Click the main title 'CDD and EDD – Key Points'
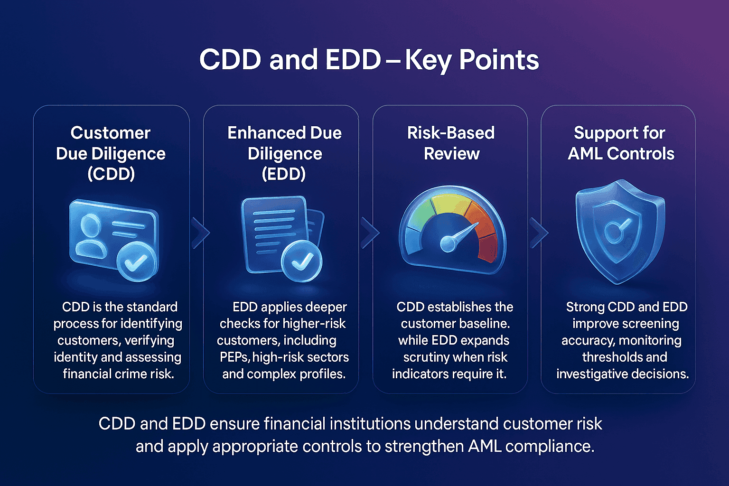pyautogui.click(x=369, y=60)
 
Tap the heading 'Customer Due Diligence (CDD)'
pyautogui.click(x=111, y=153)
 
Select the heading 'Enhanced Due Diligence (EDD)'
pyautogui.click(x=284, y=153)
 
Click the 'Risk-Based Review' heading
pyautogui.click(x=451, y=143)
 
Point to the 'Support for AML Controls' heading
pyautogui.click(x=620, y=143)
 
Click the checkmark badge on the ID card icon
pyautogui.click(x=137, y=262)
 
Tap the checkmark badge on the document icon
pyautogui.click(x=301, y=262)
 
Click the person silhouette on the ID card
pyautogui.click(x=90, y=236)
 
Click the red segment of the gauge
pyautogui.click(x=487, y=247)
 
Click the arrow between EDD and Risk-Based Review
pyautogui.click(x=370, y=233)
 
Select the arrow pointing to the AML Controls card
pyautogui.click(x=539, y=233)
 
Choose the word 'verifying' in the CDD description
pyautogui.click(x=149, y=341)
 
